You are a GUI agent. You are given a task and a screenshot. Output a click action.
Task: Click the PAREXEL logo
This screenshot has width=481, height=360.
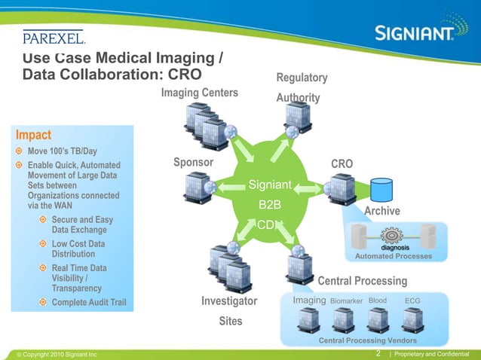pyautogui.click(x=54, y=37)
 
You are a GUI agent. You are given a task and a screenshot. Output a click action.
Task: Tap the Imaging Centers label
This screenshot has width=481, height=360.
pyautogui.click(x=199, y=93)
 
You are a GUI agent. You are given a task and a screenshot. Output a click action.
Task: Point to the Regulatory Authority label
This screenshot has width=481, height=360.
pyautogui.click(x=302, y=88)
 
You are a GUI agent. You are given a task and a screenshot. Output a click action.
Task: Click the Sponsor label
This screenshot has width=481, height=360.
pyautogui.click(x=194, y=162)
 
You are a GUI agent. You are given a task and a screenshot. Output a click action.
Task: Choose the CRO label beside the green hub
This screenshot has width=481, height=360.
pyautogui.click(x=342, y=163)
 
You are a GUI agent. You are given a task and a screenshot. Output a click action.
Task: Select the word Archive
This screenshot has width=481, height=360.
pyautogui.click(x=381, y=211)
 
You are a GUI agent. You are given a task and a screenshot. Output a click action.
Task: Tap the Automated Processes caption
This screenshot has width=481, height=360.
pyautogui.click(x=394, y=256)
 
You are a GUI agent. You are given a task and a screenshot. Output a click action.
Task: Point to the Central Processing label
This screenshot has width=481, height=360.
pyautogui.click(x=363, y=281)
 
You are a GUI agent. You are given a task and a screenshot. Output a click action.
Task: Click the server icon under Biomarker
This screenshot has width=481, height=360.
pyautogui.click(x=342, y=319)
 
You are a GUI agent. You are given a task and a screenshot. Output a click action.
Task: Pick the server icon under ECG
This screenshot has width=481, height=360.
pyautogui.click(x=412, y=319)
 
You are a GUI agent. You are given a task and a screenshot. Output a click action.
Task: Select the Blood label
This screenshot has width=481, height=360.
pyautogui.click(x=378, y=301)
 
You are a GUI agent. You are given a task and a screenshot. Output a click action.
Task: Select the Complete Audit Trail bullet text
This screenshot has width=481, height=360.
pyautogui.click(x=88, y=304)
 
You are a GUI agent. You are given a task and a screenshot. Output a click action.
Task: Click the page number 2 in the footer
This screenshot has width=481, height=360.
pyautogui.click(x=377, y=353)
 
